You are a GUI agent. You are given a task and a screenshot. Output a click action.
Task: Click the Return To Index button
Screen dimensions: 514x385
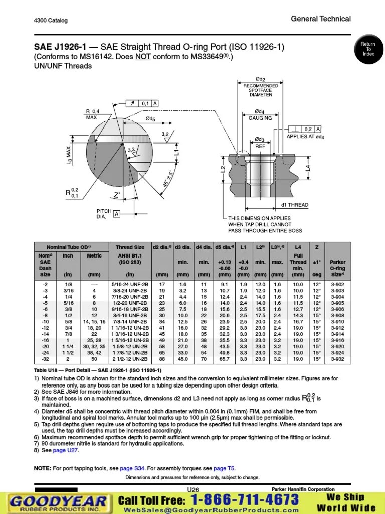coord(368,49)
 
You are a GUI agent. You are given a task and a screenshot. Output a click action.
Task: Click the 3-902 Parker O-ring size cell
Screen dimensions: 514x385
coord(337,284)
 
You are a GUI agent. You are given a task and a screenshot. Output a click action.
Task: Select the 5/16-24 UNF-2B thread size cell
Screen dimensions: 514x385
coord(130,284)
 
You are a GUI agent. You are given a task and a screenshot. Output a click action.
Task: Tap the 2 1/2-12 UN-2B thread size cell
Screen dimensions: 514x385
coord(130,359)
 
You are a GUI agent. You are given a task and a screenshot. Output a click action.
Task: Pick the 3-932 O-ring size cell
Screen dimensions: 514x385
coord(337,359)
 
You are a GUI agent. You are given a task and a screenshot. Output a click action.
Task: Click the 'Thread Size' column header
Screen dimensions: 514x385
coord(130,247)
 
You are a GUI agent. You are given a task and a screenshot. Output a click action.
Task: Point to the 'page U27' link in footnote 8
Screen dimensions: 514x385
coord(66,450)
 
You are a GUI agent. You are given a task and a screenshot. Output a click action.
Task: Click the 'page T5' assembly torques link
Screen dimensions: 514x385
coord(224,468)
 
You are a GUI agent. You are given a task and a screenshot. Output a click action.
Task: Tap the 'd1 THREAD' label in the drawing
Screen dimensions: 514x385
coord(294,205)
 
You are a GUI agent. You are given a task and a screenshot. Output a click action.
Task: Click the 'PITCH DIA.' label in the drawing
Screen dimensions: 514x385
coord(104,214)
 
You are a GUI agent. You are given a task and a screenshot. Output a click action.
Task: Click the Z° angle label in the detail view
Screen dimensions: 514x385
coord(117,194)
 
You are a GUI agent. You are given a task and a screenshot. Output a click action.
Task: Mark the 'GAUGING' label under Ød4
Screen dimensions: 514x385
coord(260,118)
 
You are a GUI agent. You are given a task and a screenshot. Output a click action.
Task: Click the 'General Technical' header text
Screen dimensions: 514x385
coord(321,19)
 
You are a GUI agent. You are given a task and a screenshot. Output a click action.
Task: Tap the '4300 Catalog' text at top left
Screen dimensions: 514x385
coord(51,21)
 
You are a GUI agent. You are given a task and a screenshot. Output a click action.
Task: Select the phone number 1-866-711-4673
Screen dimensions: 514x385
coord(245,500)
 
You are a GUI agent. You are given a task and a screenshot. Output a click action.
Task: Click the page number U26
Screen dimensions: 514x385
coord(193,490)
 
